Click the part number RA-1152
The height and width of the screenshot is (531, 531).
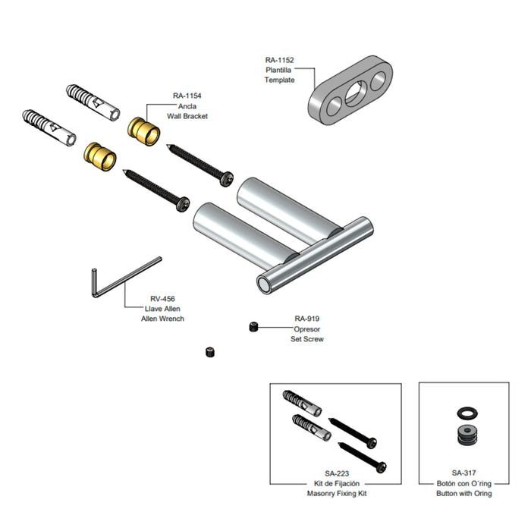[279, 60]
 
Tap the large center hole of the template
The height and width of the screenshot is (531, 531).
[355, 92]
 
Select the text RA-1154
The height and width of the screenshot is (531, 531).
[187, 96]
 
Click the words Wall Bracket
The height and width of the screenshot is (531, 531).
[187, 116]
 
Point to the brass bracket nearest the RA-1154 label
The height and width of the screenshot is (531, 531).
[143, 132]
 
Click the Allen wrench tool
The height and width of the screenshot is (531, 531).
[126, 278]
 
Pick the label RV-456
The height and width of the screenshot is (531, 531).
[162, 299]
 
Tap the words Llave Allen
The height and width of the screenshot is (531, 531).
[162, 309]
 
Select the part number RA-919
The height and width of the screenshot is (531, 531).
[306, 319]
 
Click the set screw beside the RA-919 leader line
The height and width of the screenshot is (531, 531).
[253, 327]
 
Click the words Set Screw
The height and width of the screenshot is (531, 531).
[306, 339]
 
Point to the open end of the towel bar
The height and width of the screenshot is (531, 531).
[263, 284]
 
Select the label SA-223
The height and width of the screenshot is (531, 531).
[337, 474]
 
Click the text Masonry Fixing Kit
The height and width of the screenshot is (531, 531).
[337, 493]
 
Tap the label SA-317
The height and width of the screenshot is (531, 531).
[463, 473]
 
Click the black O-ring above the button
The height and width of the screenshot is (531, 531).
[467, 413]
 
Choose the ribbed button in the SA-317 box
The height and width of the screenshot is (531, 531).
[467, 435]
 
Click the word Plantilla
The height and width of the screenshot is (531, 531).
[278, 70]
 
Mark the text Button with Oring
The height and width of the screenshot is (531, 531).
[464, 493]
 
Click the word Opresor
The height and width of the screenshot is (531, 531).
[306, 329]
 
